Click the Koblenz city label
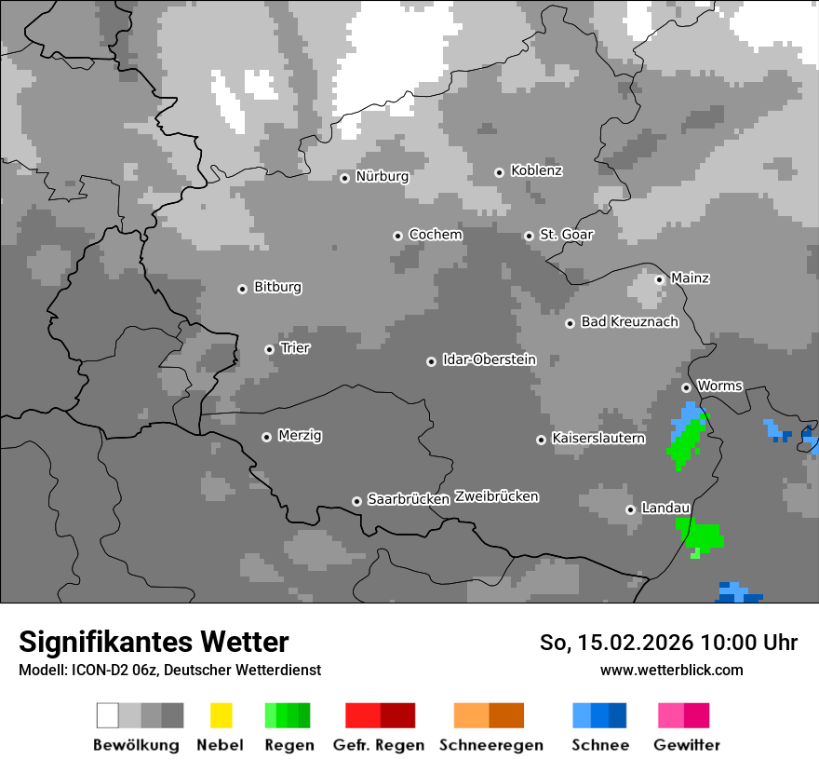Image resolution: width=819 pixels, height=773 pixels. [x=536, y=170]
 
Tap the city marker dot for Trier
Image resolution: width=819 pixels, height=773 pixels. [x=269, y=349]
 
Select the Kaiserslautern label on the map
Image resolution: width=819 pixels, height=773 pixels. [x=597, y=438]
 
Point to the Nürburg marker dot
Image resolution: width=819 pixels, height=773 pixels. [x=344, y=178]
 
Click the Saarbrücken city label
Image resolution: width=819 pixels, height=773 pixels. [x=408, y=499]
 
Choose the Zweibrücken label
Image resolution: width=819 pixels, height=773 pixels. [x=496, y=496]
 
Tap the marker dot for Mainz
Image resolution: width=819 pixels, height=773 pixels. [x=659, y=279]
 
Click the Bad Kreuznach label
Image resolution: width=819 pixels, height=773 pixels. [x=629, y=322]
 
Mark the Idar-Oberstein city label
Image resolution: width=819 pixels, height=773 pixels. [x=489, y=359]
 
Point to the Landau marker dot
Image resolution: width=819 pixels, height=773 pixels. [x=630, y=509]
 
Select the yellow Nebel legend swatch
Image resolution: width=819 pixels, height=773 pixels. [x=221, y=715]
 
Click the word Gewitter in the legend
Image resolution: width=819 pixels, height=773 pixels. [x=686, y=745]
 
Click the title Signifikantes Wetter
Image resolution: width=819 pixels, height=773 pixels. [x=154, y=642]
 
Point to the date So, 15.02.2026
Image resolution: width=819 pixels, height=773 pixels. [x=614, y=643]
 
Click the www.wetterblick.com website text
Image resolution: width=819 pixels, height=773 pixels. [x=671, y=670]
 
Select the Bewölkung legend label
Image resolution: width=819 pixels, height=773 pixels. [x=136, y=745]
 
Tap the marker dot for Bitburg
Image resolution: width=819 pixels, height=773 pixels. [x=242, y=289]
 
